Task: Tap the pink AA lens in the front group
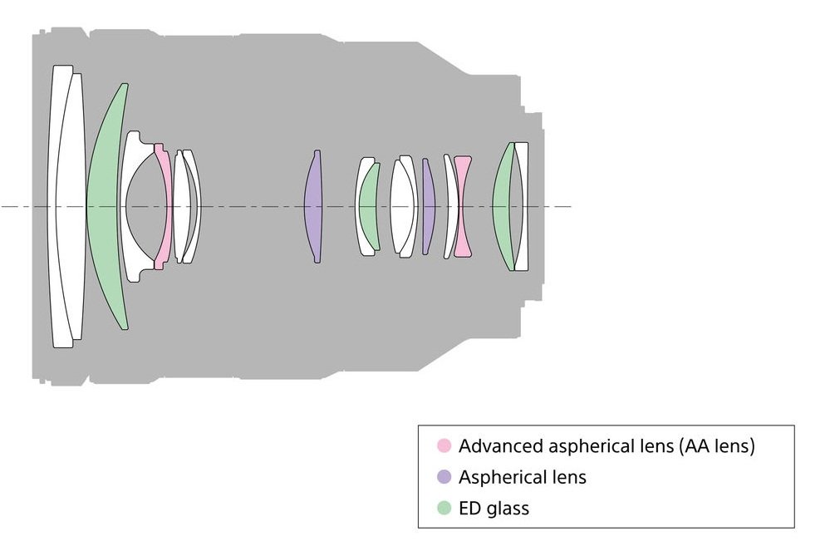coord(163,206)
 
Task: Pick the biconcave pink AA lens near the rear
coord(463,206)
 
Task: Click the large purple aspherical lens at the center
coord(312,206)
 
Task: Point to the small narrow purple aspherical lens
coord(428,206)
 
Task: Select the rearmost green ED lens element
coord(503,206)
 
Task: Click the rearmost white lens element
coord(521,206)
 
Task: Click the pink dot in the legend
coord(444,446)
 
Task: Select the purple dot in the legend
coord(444,477)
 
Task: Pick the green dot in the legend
coord(444,508)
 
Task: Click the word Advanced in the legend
coord(495,446)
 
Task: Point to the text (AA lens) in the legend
coord(716,446)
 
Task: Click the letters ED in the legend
coord(469,508)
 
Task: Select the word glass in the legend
coord(508,508)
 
